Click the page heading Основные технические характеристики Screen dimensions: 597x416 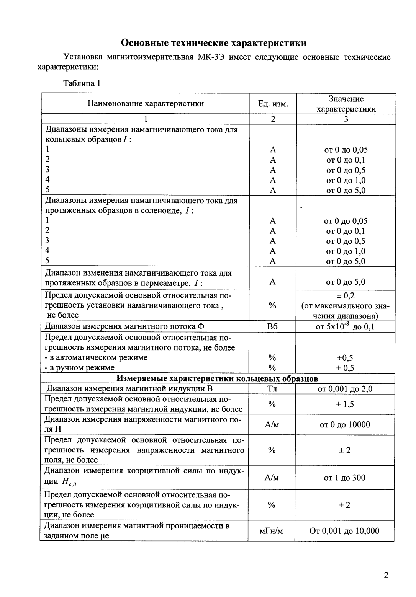[213, 42]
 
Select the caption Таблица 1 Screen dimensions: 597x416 [82, 83]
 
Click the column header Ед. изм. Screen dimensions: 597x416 [273, 104]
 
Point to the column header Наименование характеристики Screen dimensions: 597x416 [146, 104]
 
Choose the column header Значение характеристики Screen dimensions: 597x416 [346, 104]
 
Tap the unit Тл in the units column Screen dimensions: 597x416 [272, 389]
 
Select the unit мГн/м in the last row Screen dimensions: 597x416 [272, 531]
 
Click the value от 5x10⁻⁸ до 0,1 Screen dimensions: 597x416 [346, 326]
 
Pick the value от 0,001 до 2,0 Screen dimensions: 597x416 [345, 389]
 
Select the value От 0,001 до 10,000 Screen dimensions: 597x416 [344, 531]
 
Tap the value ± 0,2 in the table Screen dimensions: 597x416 [346, 296]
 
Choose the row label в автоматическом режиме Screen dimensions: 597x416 [98, 357]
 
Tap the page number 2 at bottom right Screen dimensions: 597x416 [386, 575]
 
